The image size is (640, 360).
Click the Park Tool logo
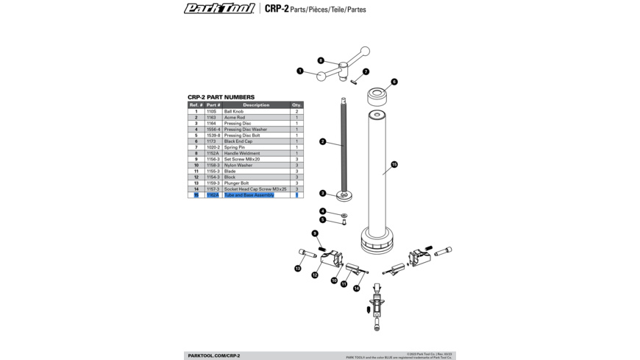click(219, 9)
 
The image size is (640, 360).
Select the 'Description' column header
click(256, 105)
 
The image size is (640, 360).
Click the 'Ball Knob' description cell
click(234, 112)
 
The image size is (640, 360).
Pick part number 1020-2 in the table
click(213, 147)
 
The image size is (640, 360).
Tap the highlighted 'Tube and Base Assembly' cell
click(249, 195)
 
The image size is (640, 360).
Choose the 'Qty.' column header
click(296, 105)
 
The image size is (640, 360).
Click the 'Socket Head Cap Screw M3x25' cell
click(255, 189)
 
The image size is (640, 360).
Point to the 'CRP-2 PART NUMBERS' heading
click(221, 97)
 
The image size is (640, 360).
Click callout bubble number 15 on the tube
click(394, 165)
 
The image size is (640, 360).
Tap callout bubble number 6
click(394, 82)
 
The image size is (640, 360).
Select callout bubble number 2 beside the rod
click(322, 141)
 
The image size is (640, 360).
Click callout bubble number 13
click(298, 269)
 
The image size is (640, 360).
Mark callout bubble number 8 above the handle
click(321, 60)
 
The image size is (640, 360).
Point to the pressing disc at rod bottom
click(344, 195)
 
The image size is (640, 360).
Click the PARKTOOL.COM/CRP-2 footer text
click(213, 356)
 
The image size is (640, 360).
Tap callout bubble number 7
click(366, 72)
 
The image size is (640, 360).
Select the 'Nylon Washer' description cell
click(238, 166)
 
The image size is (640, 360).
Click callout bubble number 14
click(357, 289)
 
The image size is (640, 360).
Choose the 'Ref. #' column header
click(196, 105)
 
